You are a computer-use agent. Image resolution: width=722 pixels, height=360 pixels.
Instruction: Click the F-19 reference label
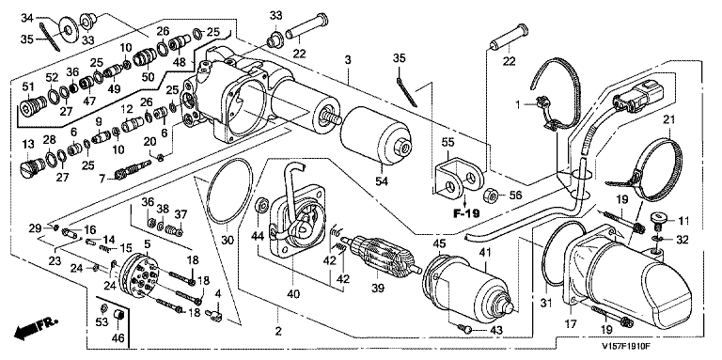466,213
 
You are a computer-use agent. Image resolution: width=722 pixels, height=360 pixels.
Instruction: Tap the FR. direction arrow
36,327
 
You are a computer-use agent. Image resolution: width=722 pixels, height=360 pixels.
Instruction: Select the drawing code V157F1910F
629,346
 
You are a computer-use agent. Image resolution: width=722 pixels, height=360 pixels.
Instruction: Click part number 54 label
381,181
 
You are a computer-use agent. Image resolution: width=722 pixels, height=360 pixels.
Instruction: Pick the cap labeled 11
659,219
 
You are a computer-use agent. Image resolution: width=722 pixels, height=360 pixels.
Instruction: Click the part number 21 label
668,120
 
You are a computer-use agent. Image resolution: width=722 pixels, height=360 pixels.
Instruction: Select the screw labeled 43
465,328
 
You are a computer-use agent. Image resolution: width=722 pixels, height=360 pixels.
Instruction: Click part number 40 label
293,292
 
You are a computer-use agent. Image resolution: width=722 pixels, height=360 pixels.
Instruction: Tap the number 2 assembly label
277,330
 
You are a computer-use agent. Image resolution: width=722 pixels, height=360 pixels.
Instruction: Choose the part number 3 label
348,60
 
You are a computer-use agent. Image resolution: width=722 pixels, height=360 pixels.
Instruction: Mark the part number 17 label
571,324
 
